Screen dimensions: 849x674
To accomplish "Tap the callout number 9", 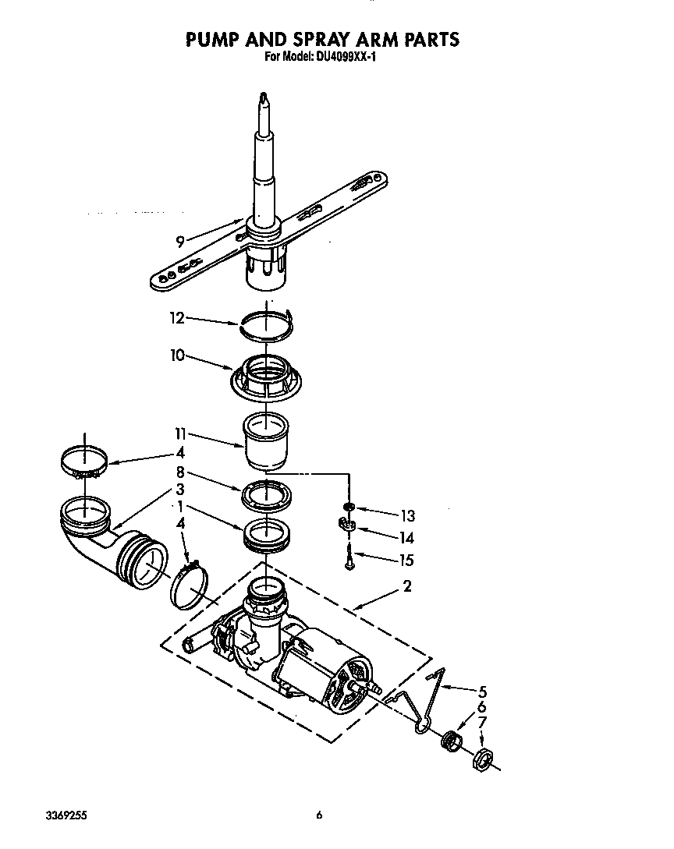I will (180, 242).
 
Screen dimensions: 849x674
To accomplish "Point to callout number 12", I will (177, 318).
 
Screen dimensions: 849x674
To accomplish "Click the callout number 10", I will (177, 356).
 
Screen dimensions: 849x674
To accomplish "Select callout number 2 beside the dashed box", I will (406, 587).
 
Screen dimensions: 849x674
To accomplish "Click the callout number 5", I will (482, 690).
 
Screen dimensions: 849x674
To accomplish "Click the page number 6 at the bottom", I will (319, 815).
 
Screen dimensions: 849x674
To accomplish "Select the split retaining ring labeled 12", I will (266, 324).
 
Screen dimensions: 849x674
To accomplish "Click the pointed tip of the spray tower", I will (264, 97).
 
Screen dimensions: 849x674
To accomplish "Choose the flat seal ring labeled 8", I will (266, 496).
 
